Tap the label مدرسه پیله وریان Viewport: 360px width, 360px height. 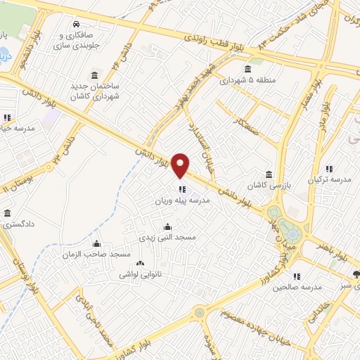(182, 200)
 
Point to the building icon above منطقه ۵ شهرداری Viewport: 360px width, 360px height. (248, 69)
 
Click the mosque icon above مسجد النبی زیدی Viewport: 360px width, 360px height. (167, 226)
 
